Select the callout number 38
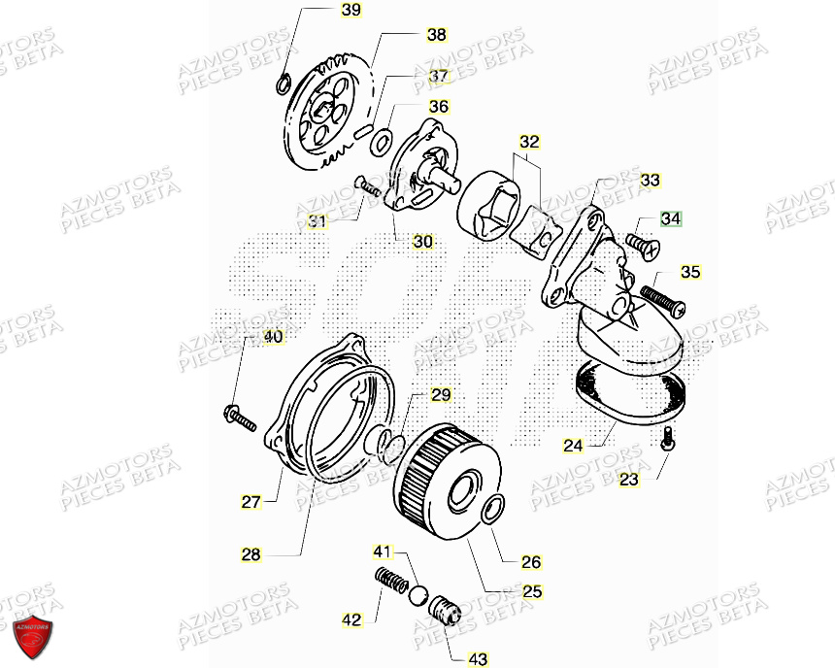pos(437,35)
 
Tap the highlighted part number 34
pos(672,219)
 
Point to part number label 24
pos(573,446)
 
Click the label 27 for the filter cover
pos(251,502)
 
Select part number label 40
pos(273,337)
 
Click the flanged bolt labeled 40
pos(239,417)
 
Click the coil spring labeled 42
pos(391,585)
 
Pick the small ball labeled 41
pos(418,595)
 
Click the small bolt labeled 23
pos(669,439)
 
